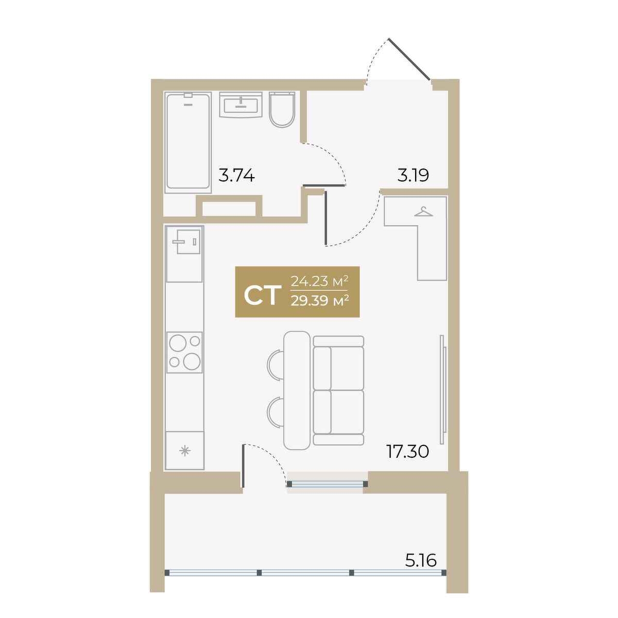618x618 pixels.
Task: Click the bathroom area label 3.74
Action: [x=236, y=176]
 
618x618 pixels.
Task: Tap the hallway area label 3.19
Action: [x=413, y=176]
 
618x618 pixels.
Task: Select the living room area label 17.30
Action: [x=407, y=452]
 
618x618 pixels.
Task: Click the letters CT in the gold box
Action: [x=261, y=296]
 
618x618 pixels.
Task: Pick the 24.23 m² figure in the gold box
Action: [x=319, y=282]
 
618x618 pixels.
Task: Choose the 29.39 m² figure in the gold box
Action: [x=320, y=301]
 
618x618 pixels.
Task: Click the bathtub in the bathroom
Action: [x=188, y=142]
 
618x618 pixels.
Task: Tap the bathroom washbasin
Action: [x=241, y=105]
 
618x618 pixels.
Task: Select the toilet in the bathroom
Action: [x=282, y=109]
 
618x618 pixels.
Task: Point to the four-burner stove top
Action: [x=184, y=352]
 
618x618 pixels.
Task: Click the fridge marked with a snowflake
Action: [x=185, y=451]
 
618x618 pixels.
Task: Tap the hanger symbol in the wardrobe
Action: [x=423, y=212]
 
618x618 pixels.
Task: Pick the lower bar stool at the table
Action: [x=275, y=411]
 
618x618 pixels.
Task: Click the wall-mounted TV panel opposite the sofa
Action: [x=443, y=390]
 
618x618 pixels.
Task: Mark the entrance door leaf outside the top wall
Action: [x=409, y=59]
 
